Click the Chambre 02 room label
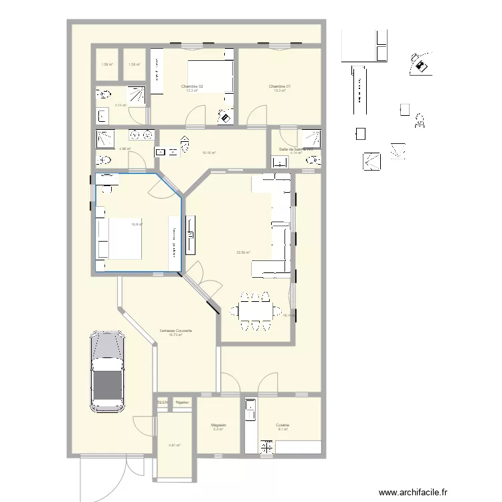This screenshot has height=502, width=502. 192,86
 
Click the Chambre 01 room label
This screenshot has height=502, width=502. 279,86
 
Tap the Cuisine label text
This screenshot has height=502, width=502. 282,424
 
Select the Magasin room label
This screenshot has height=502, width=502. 218,424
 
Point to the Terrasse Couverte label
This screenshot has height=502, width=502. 176,331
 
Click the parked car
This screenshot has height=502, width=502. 107,372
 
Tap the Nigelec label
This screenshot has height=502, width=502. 182,402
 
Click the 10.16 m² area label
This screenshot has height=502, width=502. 209,153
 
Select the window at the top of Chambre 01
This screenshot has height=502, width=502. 279,46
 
